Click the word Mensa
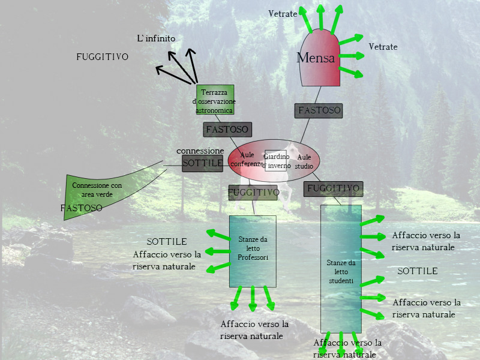pyautogui.click(x=316, y=58)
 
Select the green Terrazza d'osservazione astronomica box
pyautogui.click(x=215, y=100)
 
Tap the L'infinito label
pyautogui.click(x=156, y=38)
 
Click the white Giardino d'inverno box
pyautogui.click(x=276, y=161)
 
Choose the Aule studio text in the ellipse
pyautogui.click(x=304, y=161)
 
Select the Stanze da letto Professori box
pyautogui.click(x=253, y=251)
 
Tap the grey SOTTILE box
pyautogui.click(x=202, y=163)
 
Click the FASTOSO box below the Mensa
pyautogui.click(x=319, y=110)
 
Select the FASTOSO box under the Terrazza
pyautogui.click(x=227, y=129)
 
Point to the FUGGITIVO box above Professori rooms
pyautogui.click(x=253, y=193)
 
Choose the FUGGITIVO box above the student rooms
pyautogui.click(x=333, y=188)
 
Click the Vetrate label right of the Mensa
pyautogui.click(x=383, y=47)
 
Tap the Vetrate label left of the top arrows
pyautogui.click(x=283, y=14)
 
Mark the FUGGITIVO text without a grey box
pyautogui.click(x=102, y=57)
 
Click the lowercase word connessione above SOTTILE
pyautogui.click(x=200, y=151)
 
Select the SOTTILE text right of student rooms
pyautogui.click(x=417, y=271)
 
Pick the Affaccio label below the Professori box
pyautogui.click(x=254, y=329)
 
